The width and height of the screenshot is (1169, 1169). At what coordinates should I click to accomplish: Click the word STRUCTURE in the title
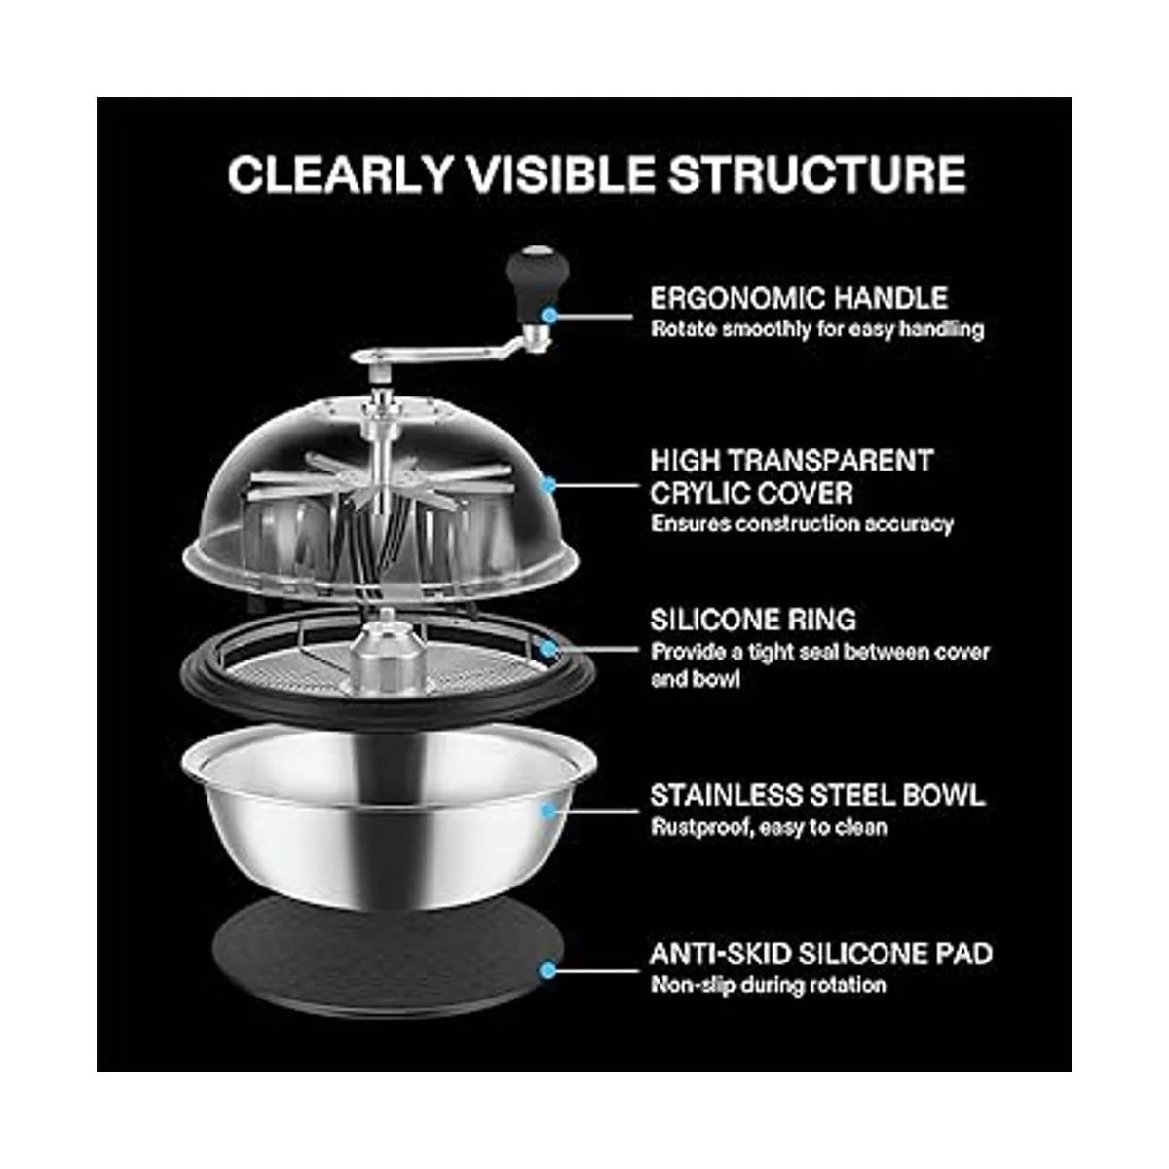pyautogui.click(x=817, y=174)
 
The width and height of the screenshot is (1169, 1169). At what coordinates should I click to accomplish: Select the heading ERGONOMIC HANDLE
pyautogui.click(x=799, y=298)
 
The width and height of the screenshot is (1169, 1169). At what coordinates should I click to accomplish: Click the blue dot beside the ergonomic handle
pyautogui.click(x=549, y=315)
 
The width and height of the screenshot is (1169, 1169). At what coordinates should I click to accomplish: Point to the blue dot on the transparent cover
pyautogui.click(x=549, y=485)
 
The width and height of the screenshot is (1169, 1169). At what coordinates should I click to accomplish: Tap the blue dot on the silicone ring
pyautogui.click(x=549, y=649)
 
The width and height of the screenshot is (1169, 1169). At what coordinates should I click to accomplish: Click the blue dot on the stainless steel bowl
pyautogui.click(x=549, y=811)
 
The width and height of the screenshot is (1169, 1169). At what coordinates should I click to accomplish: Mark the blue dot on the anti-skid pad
pyautogui.click(x=549, y=970)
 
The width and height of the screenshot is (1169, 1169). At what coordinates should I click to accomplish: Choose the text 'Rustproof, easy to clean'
pyautogui.click(x=770, y=827)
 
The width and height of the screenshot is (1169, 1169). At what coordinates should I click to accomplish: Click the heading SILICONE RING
pyautogui.click(x=753, y=620)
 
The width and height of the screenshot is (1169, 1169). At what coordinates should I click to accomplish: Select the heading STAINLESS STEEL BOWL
pyautogui.click(x=817, y=795)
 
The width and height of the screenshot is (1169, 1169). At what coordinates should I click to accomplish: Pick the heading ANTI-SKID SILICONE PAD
pyautogui.click(x=821, y=955)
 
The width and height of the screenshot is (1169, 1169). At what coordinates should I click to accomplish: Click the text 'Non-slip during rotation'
pyautogui.click(x=769, y=985)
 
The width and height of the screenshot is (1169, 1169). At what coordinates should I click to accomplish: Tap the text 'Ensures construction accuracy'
pyautogui.click(x=802, y=523)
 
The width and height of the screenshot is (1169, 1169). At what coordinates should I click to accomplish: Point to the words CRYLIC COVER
pyautogui.click(x=752, y=493)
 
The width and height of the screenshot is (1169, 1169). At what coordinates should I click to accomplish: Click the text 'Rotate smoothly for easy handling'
pyautogui.click(x=817, y=329)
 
